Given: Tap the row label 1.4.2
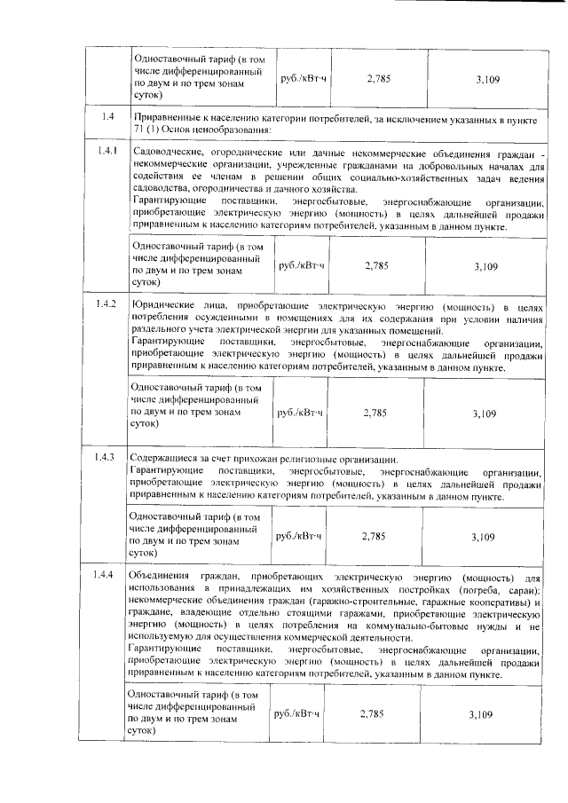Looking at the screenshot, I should [106, 304].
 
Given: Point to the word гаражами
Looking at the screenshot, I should [371, 614].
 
